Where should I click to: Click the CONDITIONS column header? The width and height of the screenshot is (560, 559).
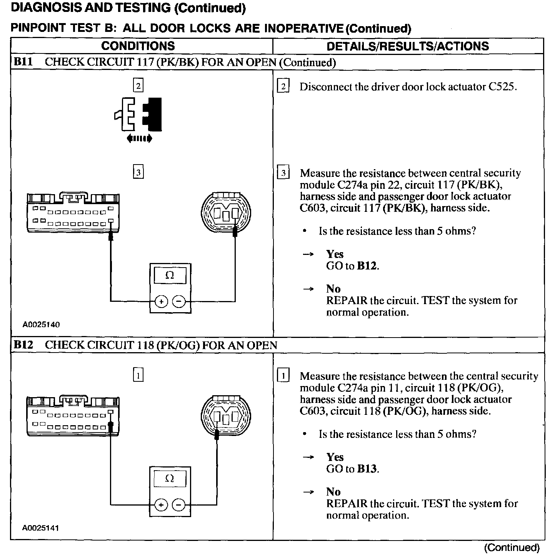[138, 46]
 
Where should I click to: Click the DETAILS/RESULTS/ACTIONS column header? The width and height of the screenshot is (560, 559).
[408, 46]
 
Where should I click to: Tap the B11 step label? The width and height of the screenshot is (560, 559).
[23, 62]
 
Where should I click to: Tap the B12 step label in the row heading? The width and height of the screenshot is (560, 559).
[23, 345]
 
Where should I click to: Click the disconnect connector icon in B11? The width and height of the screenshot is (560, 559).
[138, 115]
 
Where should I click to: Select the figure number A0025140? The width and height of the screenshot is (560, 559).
[41, 324]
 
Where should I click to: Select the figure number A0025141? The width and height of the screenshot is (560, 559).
[41, 528]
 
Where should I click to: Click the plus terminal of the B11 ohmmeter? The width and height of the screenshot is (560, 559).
[161, 302]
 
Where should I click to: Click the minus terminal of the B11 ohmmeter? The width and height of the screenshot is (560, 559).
[178, 302]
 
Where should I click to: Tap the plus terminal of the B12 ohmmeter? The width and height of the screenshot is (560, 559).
[161, 505]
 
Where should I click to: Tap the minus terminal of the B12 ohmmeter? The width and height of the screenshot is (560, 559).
[178, 505]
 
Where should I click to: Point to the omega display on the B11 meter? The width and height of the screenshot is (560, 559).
[170, 276]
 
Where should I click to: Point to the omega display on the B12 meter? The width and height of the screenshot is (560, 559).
[170, 479]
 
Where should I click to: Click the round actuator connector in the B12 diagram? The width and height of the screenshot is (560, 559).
[226, 416]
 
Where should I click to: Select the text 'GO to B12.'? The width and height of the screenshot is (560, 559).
[352, 266]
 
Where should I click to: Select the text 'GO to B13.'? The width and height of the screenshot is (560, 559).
[352, 469]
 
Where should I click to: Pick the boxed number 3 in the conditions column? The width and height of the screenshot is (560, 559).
[138, 172]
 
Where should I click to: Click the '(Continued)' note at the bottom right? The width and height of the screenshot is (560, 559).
[512, 547]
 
